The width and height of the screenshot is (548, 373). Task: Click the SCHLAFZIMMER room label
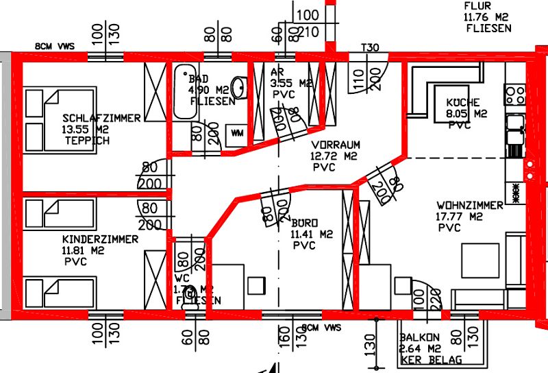101,118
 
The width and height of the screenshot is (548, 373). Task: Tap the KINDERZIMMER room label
99,239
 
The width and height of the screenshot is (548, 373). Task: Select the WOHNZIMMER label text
470,206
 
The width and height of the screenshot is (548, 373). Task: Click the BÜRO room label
305,224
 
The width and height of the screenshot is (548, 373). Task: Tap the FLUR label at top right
477,7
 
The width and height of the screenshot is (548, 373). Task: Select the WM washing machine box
238,132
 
